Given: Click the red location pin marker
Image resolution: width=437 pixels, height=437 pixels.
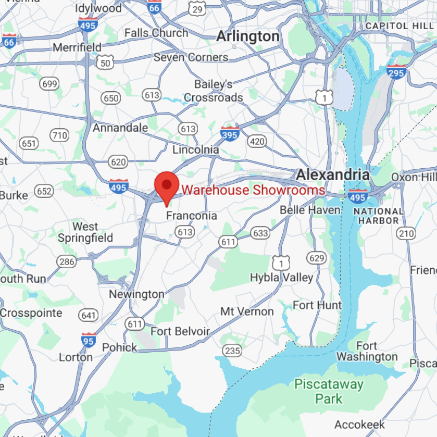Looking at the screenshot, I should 166,186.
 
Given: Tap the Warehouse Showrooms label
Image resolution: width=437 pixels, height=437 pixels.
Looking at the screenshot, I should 253,190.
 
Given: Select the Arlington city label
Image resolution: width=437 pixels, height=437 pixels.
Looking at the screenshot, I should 247,36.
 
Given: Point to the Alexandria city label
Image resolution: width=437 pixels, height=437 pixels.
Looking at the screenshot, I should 333,174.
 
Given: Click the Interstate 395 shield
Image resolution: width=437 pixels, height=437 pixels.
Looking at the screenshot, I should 230,134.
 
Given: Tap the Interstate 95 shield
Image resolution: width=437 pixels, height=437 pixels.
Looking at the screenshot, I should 88,340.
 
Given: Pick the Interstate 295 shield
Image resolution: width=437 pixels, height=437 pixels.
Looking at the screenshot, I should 396,72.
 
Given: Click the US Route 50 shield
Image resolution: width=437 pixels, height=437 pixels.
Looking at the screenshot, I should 105,63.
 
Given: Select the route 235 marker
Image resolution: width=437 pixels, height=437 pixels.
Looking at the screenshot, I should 232,351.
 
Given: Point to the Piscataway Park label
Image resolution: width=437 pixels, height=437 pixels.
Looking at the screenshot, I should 329,392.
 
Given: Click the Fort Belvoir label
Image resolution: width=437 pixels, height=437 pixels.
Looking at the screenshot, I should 180,331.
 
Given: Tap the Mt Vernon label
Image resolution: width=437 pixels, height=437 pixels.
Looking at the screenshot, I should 247,311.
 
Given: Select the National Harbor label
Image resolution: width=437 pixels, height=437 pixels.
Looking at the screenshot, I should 378,216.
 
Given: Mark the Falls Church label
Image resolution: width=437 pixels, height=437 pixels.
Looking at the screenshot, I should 156,33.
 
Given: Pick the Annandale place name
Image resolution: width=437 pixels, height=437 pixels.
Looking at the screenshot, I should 120,128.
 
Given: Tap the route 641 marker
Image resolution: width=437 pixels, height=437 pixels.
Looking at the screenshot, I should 89,315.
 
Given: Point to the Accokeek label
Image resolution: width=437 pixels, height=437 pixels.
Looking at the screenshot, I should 359,424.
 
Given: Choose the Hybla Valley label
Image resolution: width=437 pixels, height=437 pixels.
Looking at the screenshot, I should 281,277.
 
